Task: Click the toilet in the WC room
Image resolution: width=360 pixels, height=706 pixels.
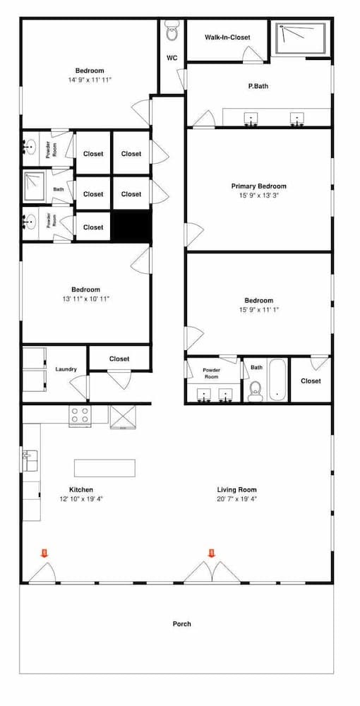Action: [x=172, y=30]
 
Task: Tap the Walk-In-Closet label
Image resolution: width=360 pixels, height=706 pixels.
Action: [x=227, y=37]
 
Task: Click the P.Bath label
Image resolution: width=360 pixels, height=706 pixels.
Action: [x=258, y=85]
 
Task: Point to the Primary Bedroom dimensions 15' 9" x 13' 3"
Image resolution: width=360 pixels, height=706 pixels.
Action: [x=259, y=196]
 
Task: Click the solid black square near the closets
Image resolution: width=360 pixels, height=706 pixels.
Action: [x=131, y=226]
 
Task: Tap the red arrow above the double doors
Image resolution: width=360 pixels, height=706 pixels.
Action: [x=212, y=553]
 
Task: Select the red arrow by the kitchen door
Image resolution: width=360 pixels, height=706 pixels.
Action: [x=44, y=553]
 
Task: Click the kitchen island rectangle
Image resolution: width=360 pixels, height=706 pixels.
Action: [x=105, y=468]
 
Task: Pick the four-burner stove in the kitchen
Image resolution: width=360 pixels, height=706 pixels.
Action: [x=80, y=414]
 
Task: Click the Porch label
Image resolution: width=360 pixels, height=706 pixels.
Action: [x=182, y=623]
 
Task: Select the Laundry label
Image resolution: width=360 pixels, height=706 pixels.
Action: [x=66, y=369]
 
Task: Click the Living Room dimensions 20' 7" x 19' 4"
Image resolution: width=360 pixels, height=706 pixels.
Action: [x=237, y=499]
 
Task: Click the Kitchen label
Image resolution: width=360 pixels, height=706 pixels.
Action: [x=81, y=489]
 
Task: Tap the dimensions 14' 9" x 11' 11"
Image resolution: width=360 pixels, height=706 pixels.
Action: [x=90, y=80]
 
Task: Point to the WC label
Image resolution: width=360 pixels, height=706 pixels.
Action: [x=172, y=58]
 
